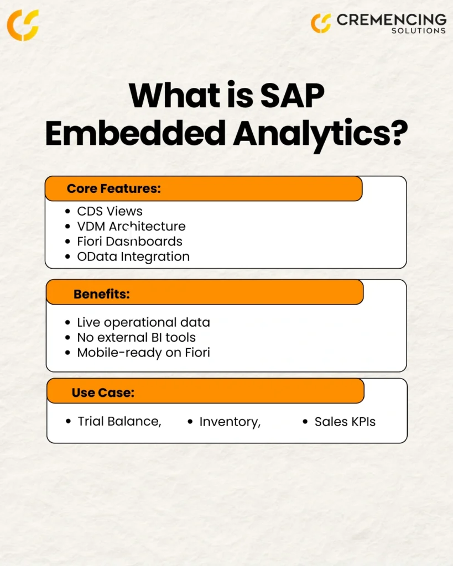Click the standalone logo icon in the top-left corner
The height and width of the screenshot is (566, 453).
coord(23,25)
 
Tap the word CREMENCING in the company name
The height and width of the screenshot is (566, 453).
coord(392,20)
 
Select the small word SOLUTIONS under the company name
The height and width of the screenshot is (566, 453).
coord(419,31)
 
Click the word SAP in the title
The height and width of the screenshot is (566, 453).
coord(292,96)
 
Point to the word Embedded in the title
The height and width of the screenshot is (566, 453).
coord(136,133)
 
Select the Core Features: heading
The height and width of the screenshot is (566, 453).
coord(114,188)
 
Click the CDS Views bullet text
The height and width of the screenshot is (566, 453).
coord(110,211)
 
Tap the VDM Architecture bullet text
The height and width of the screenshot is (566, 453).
coord(131,226)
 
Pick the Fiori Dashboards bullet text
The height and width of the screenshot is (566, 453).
coord(129,242)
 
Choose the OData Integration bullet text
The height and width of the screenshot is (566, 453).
coord(133,256)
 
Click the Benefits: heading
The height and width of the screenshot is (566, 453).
coord(102,294)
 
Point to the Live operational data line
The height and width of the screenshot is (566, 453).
coord(143,322)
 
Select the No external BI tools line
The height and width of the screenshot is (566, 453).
coord(136,338)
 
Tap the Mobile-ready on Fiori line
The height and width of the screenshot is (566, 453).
coord(143,353)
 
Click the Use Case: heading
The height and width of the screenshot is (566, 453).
coord(103,393)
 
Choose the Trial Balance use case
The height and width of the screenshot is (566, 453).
coord(119,422)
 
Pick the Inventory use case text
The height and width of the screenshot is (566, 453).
coord(230,422)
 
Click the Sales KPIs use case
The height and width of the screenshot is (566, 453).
coord(345,422)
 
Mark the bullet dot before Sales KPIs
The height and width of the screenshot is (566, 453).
coord(305,421)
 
